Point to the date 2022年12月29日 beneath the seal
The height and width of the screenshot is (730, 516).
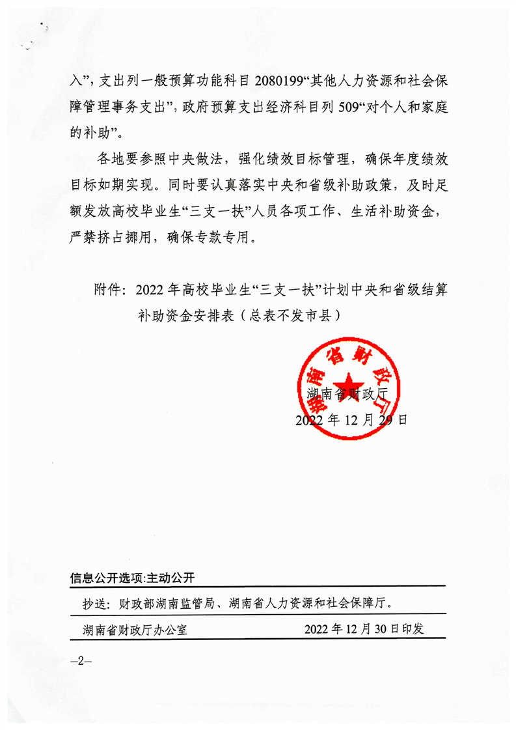click(351, 420)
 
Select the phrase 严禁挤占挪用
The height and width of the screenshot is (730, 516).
click(106, 238)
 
